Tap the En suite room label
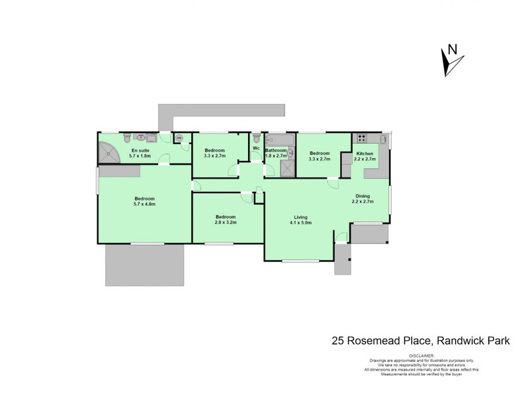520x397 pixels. [140, 151]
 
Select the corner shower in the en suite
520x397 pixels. [107, 154]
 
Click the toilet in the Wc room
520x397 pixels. [256, 138]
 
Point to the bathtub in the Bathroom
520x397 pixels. [279, 140]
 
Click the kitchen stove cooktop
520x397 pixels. [362, 138]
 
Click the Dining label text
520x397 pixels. [362, 196]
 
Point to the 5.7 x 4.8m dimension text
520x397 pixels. [144, 204]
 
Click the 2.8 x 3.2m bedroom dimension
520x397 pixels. [225, 223]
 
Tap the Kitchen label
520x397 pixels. [365, 154]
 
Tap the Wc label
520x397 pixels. [255, 149]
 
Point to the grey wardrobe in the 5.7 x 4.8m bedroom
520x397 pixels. [120, 171]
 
